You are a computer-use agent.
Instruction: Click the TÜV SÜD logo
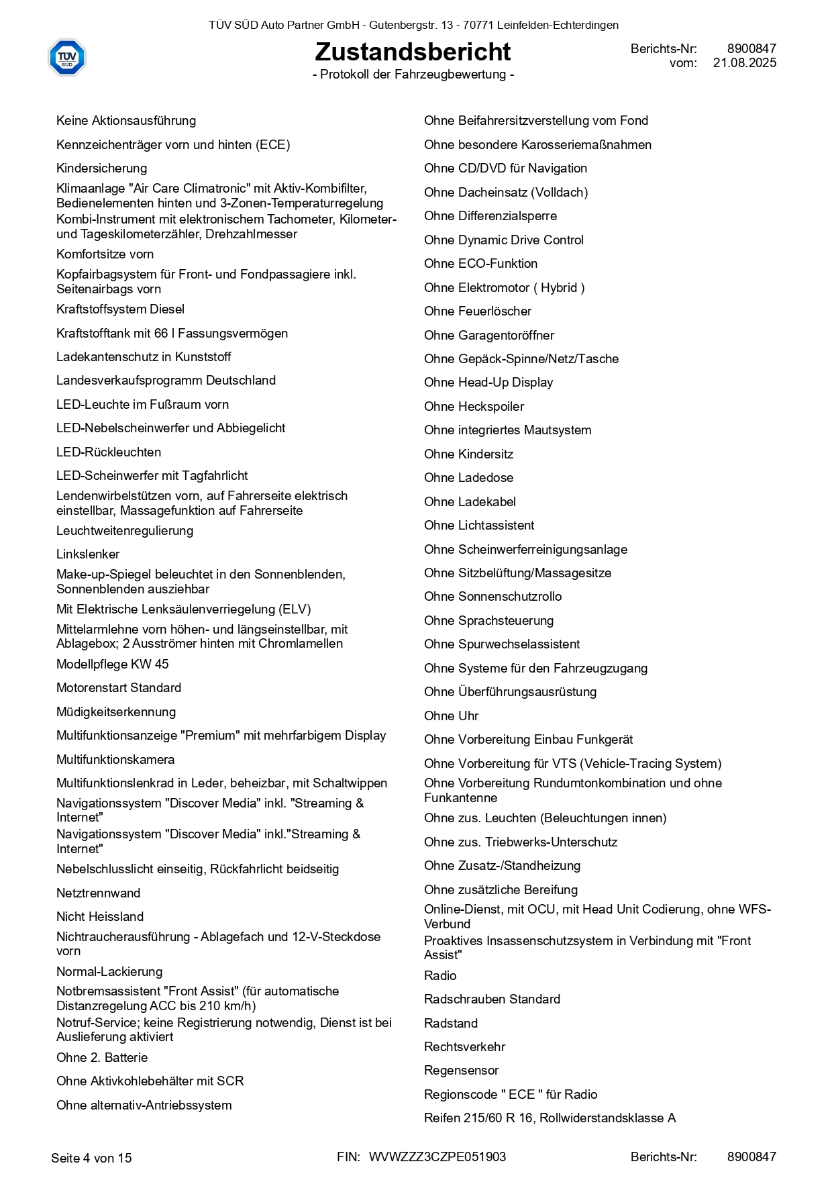pos(67,57)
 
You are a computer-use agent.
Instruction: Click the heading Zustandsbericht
pos(413,52)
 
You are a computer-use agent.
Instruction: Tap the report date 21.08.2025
pos(744,63)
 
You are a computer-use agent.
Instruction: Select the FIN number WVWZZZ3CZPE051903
pos(437,1157)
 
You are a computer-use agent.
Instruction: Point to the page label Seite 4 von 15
pos(91,1158)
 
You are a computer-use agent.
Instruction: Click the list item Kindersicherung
pos(101,168)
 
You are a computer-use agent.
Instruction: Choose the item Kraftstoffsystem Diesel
pos(120,309)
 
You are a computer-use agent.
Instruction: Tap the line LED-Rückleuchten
pos(109,452)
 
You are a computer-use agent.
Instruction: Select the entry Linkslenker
pos(88,554)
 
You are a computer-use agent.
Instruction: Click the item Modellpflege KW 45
pos(112,665)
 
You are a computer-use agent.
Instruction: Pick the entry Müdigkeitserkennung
pos(116,712)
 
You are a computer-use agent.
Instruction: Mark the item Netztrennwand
pos(98,893)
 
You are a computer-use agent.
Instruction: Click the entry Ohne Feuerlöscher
pos(478,311)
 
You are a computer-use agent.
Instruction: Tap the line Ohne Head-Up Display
pos(488,383)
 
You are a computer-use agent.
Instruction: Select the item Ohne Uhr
pos(451,716)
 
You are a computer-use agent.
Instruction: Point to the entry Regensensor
pos(461,1071)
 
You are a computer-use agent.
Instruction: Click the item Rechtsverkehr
pos(464,1047)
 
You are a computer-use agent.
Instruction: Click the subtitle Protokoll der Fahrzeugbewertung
pos(413,75)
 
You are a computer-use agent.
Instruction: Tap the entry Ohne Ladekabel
pos(470,502)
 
